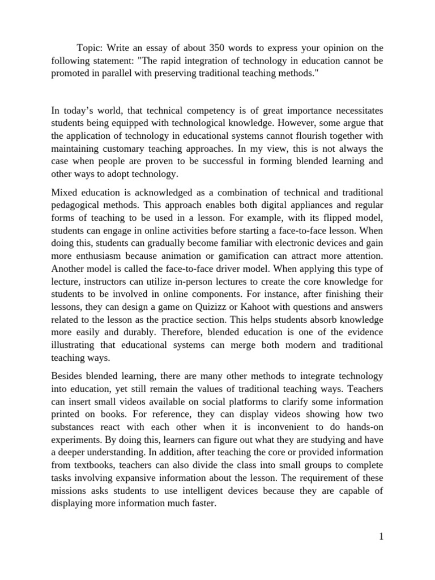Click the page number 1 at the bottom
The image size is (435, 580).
point(381,537)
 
